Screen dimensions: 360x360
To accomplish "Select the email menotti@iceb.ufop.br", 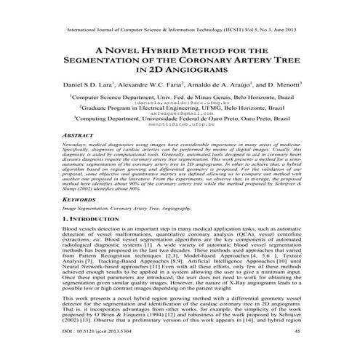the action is pos(180,127).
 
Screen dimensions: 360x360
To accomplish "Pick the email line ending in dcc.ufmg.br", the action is pos(180,102).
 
